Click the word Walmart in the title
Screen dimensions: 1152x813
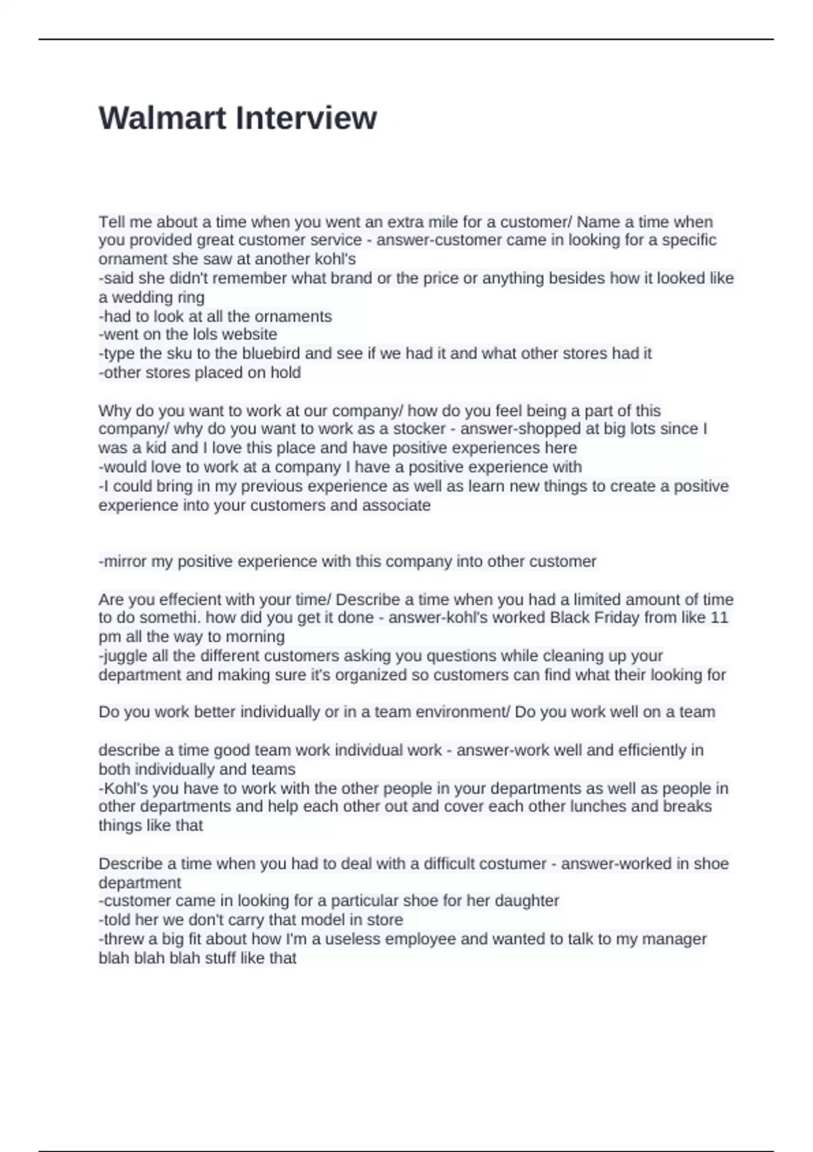pos(162,118)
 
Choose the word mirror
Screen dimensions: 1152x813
pos(124,561)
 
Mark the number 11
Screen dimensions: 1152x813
pos(719,617)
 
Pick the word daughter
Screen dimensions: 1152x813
pos(526,901)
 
